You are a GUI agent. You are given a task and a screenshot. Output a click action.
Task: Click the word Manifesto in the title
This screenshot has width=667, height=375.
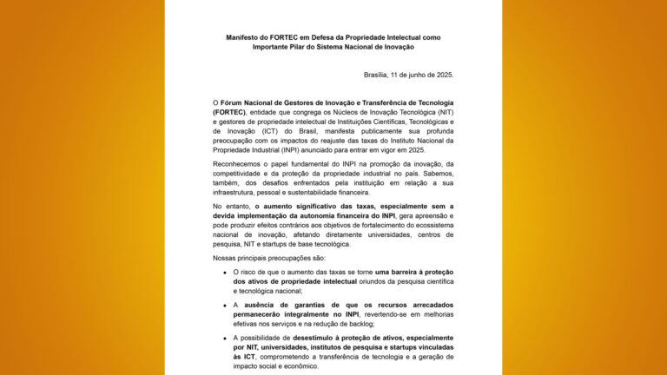(244, 38)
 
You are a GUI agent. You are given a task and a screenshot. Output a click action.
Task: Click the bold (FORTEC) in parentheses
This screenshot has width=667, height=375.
(229, 112)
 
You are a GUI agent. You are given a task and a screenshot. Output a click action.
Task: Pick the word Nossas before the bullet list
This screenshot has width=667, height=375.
(226, 259)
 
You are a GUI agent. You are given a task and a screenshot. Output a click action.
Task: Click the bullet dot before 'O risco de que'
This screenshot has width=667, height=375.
(224, 273)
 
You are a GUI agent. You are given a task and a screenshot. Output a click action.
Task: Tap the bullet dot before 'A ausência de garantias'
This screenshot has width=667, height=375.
(224, 306)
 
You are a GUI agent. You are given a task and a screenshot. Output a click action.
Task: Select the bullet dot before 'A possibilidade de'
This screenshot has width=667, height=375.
(224, 338)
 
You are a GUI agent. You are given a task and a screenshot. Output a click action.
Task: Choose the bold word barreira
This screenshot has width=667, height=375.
(400, 273)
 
